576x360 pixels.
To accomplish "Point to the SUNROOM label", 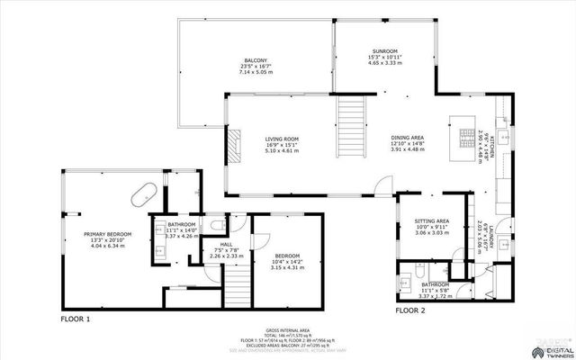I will click(x=384, y=51).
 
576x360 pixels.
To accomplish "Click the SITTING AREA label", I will click(x=431, y=220).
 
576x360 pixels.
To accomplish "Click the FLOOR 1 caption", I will click(x=75, y=319).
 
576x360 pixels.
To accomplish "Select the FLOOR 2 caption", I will click(x=409, y=310).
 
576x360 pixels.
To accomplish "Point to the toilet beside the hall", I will click(x=214, y=224).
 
